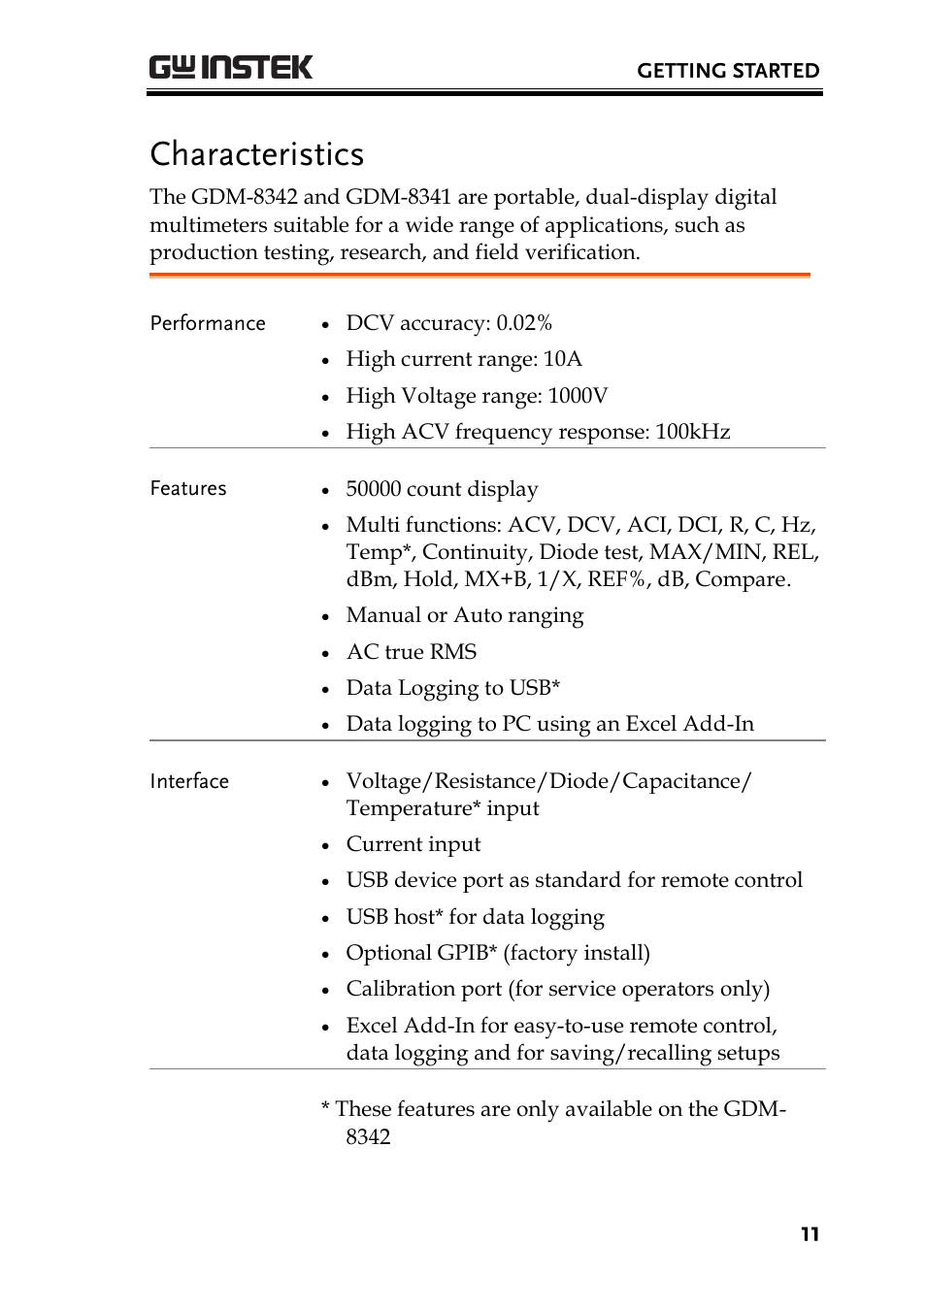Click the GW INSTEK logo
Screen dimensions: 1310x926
click(x=231, y=67)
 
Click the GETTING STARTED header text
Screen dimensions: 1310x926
click(x=727, y=71)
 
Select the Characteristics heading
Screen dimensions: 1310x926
click(x=257, y=154)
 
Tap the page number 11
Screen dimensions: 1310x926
click(x=810, y=1234)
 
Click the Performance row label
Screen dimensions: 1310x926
click(x=208, y=323)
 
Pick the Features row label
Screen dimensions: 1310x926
click(x=188, y=488)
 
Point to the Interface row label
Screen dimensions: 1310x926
click(x=189, y=781)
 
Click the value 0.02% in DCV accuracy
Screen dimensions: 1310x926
click(x=524, y=323)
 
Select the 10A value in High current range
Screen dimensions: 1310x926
click(x=562, y=359)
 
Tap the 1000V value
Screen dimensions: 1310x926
click(x=578, y=396)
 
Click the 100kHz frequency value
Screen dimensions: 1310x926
click(x=692, y=432)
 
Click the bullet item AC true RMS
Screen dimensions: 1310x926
click(x=412, y=652)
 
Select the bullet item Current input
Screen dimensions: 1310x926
click(x=413, y=844)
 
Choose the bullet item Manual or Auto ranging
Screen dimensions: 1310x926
click(x=465, y=615)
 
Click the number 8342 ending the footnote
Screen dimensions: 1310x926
click(x=368, y=1137)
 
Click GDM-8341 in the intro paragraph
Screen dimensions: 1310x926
click(x=398, y=197)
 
